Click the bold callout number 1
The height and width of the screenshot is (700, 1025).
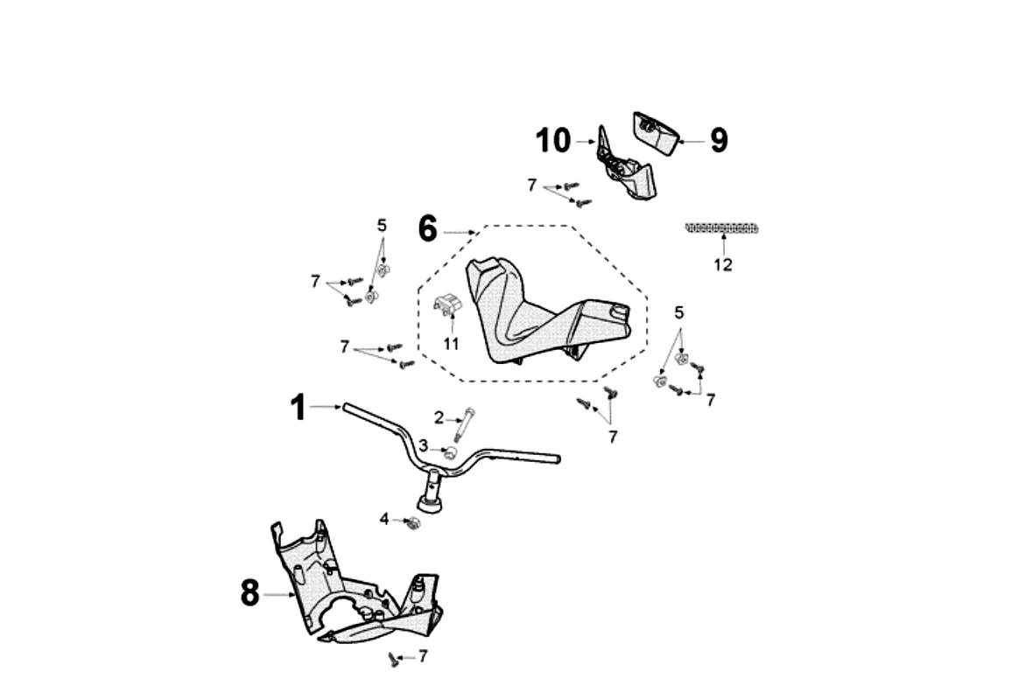point(298,407)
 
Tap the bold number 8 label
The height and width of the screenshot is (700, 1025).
point(249,593)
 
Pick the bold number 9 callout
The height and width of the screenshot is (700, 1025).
point(719,140)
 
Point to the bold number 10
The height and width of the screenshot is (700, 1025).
point(553,141)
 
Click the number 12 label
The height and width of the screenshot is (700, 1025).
point(723,265)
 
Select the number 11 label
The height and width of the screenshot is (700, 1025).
point(452,343)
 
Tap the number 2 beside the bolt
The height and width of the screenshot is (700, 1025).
point(439,417)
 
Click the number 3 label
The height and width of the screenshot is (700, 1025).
point(424,445)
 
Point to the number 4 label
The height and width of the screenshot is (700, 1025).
point(384,519)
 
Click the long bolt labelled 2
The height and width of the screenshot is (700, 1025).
point(464,425)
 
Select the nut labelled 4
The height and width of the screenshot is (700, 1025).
point(412,523)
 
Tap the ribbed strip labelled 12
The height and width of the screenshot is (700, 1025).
point(721,228)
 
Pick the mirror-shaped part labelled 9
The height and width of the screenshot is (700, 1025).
point(656,133)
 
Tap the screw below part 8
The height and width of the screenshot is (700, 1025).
point(393,660)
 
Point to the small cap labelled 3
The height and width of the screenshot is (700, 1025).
point(450,452)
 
